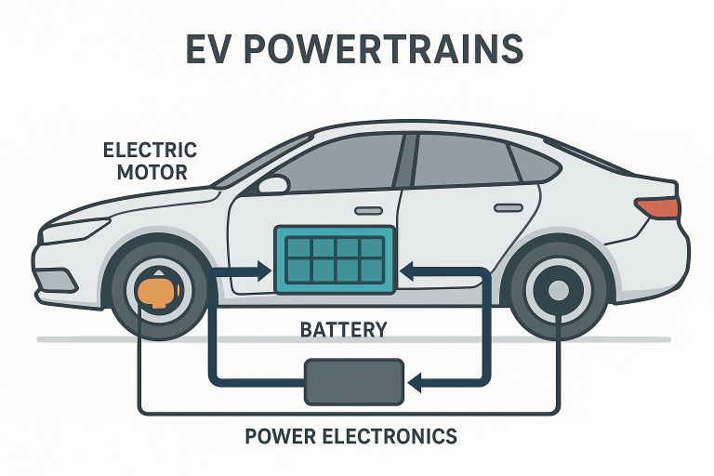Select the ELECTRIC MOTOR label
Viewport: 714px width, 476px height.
(x=150, y=160)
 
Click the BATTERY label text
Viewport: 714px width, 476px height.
(x=343, y=330)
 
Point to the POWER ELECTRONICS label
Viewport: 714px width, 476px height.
(x=350, y=435)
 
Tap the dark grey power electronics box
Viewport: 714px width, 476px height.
(x=353, y=381)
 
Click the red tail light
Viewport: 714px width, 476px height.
(x=655, y=206)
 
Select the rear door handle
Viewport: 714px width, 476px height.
(x=508, y=206)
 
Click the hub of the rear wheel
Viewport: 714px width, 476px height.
(x=558, y=291)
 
